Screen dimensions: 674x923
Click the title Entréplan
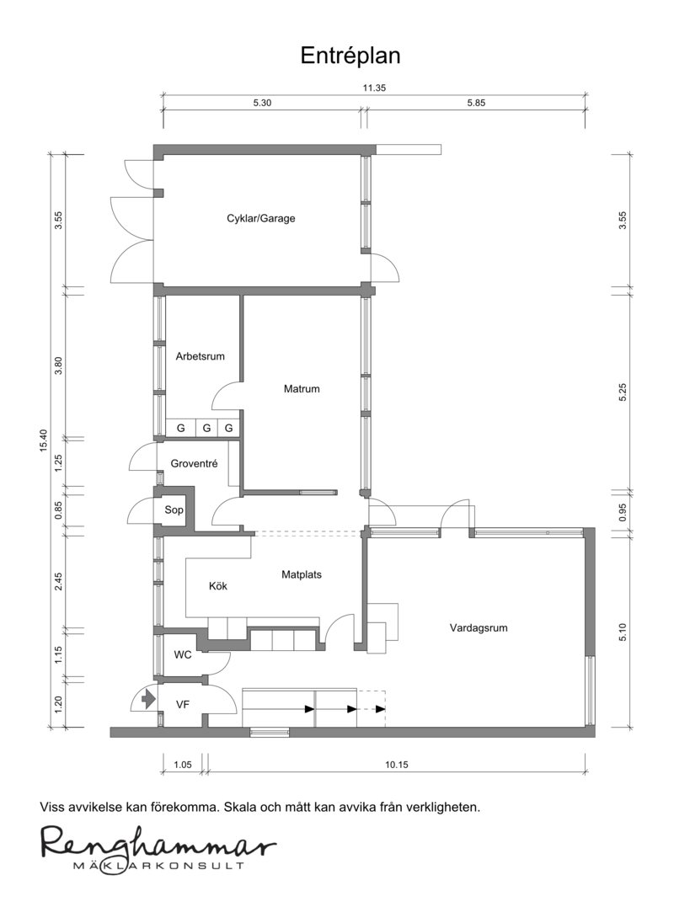350,56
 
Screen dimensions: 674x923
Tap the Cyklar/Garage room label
261,218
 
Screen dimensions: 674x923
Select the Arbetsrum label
201,356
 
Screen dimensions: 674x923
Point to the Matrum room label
302,388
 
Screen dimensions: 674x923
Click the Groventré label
195,464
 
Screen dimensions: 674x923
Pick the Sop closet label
174,510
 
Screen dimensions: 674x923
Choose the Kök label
218,585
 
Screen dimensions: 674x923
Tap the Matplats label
302,574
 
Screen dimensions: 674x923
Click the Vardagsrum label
479,627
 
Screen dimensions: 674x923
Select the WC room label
183,654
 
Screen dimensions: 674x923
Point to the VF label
183,704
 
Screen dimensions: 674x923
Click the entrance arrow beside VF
148,699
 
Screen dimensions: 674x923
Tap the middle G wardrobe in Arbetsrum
206,429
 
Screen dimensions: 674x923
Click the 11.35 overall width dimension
374,88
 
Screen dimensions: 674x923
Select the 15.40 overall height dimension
43,440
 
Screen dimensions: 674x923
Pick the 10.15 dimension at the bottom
397,765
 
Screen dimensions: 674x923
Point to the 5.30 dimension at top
262,103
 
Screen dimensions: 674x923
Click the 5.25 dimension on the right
623,392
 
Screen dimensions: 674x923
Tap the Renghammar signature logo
158,843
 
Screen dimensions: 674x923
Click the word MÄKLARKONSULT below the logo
158,866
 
